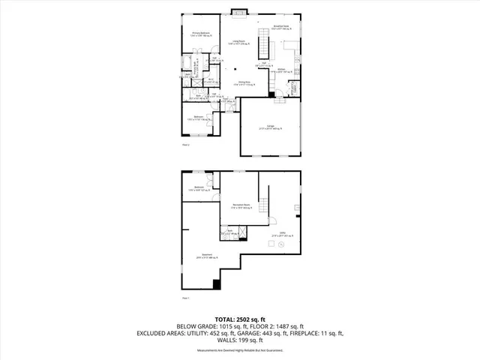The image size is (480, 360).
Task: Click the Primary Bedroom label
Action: (x=200, y=34)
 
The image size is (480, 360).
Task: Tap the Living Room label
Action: (x=239, y=43)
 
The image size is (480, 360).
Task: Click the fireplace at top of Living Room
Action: (x=239, y=10)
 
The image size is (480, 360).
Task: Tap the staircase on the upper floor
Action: (x=263, y=46)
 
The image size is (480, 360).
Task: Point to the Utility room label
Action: (x=282, y=233)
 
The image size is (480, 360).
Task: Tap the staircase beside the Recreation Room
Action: (x=263, y=207)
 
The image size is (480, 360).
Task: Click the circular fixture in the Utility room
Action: (x=270, y=244)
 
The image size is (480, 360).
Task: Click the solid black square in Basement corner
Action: (x=217, y=283)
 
